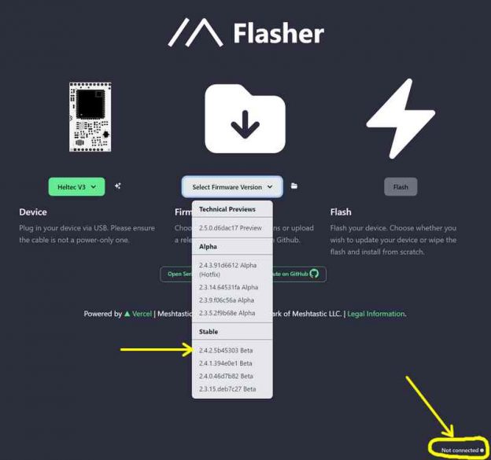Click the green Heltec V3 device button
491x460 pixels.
(x=76, y=186)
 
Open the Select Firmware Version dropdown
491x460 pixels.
(x=232, y=187)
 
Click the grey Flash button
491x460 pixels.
(x=401, y=187)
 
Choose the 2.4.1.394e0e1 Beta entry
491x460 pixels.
(x=226, y=363)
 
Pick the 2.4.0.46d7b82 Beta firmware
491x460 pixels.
(x=227, y=376)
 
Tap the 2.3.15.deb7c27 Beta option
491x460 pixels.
(x=227, y=388)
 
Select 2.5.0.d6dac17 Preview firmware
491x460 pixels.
(x=230, y=228)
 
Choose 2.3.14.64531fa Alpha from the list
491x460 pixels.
(x=228, y=287)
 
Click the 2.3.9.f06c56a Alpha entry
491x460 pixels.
(x=227, y=300)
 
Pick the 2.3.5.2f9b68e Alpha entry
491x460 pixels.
(x=227, y=312)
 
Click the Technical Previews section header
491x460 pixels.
(x=228, y=209)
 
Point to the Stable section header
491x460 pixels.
(x=209, y=332)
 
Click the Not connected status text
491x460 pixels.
(x=460, y=450)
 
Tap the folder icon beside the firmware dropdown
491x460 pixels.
(x=294, y=186)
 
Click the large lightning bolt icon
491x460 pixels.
(x=401, y=118)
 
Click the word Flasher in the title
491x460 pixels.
(x=279, y=34)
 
